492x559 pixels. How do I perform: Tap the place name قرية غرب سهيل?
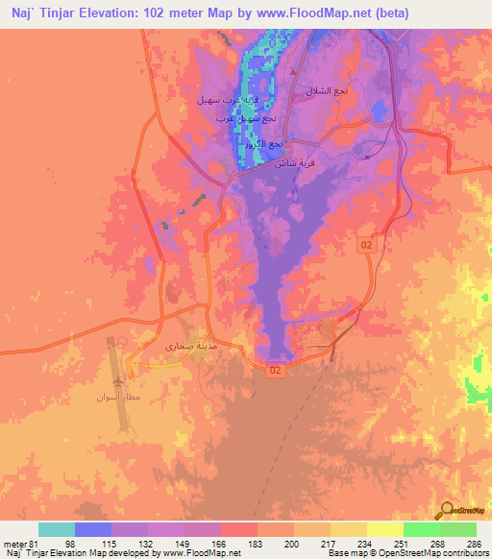coord(227,100)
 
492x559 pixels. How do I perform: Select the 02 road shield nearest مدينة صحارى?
coord(276,369)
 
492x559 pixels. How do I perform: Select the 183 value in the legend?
coord(254,543)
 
